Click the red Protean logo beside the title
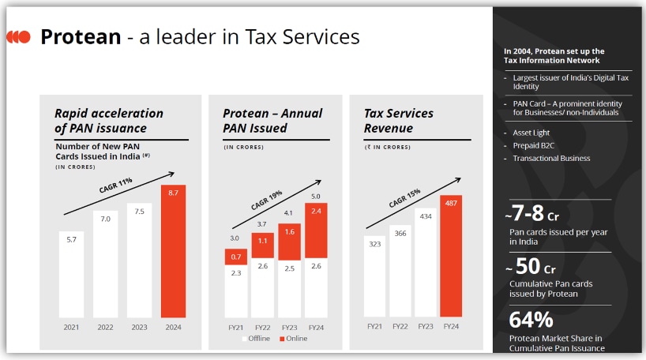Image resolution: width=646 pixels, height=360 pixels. click(x=19, y=37)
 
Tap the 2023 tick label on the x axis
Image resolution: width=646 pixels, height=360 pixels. click(x=140, y=326)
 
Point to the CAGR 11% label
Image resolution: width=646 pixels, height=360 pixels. click(x=116, y=186)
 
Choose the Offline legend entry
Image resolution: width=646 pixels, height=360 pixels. click(x=254, y=338)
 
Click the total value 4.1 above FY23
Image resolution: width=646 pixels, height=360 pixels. click(x=288, y=212)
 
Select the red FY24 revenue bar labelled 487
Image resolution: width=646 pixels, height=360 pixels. click(x=450, y=256)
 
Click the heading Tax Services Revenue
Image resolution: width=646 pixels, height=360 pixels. click(x=400, y=121)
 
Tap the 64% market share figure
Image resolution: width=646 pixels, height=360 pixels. click(x=531, y=320)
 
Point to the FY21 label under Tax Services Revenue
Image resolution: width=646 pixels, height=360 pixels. click(x=375, y=326)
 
